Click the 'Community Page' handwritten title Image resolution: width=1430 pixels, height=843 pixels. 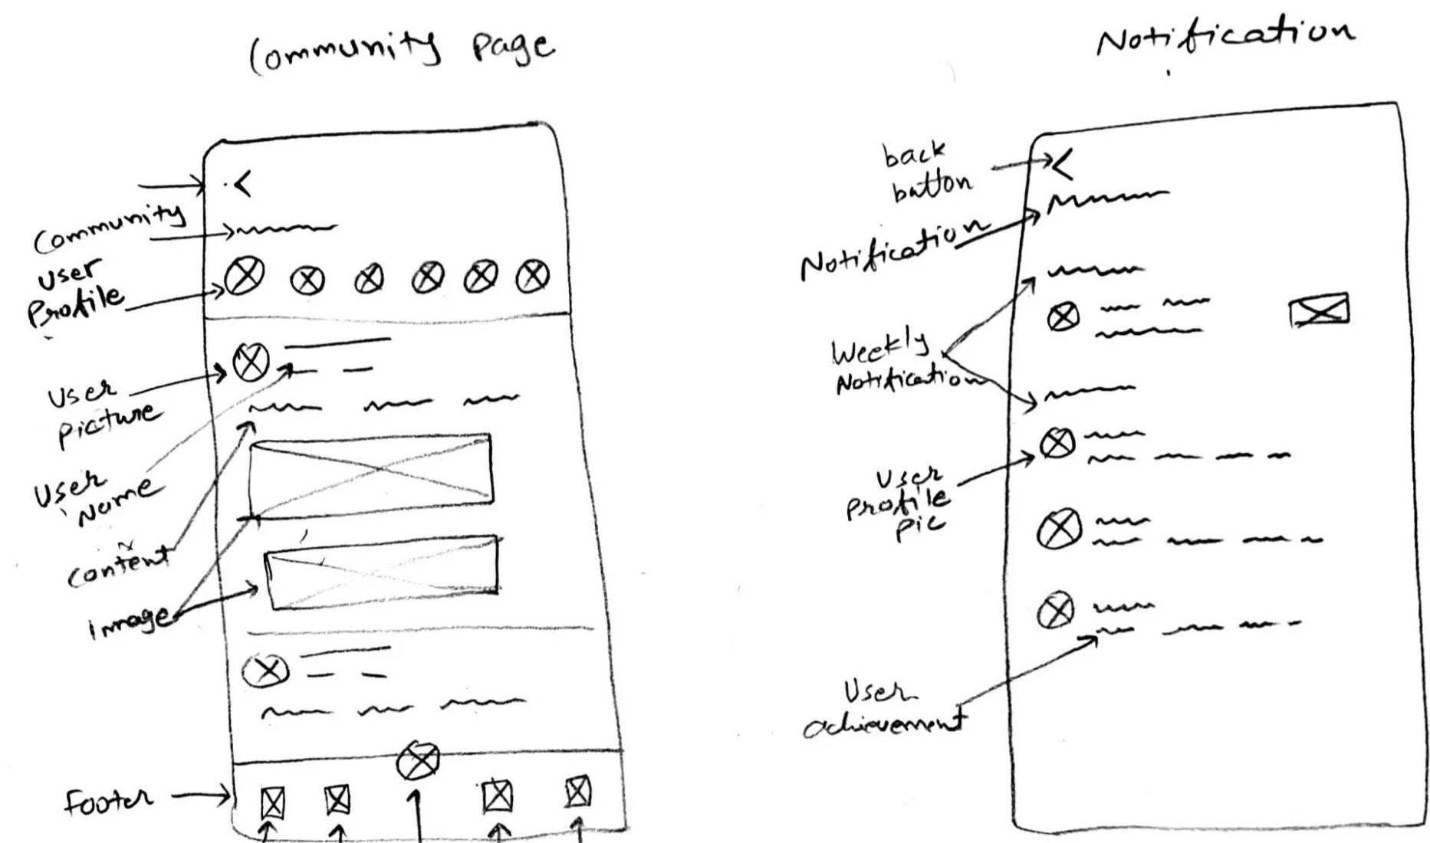click(401, 49)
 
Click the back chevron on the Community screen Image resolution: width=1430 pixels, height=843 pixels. click(242, 184)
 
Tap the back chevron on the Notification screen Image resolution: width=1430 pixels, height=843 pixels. click(1062, 163)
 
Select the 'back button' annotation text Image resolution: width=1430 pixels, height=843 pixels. click(925, 172)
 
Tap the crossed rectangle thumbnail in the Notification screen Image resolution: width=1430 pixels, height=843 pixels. click(1319, 310)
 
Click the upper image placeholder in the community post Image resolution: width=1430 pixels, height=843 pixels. click(370, 468)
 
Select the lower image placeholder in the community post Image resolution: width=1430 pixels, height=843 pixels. click(381, 572)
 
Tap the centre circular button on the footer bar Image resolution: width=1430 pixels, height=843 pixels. click(418, 759)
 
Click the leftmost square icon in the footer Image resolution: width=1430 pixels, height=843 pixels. click(272, 803)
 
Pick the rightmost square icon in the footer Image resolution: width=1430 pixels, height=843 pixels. click(577, 792)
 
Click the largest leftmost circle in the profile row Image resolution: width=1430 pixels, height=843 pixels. click(245, 276)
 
